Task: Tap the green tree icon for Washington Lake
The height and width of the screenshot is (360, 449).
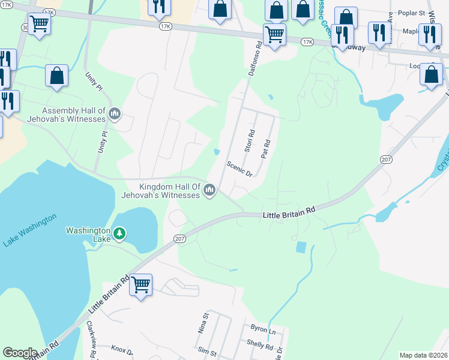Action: pos(119,232)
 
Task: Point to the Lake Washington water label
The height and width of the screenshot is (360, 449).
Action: pos(30,230)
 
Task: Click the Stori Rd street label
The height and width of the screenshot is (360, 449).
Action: pos(249,142)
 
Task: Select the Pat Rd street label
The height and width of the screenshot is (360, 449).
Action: pos(265,148)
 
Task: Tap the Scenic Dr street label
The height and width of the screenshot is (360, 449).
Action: pos(240,169)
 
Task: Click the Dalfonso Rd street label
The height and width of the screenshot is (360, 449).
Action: pos(255,59)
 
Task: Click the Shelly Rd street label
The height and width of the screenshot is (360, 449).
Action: pos(260,346)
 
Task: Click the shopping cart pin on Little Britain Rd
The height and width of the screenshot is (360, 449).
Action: pos(140,284)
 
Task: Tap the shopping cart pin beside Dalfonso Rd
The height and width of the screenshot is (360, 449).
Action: pos(274,34)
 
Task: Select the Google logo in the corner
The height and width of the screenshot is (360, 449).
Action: pos(20,353)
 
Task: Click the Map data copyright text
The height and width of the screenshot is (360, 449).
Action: pos(423,355)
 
